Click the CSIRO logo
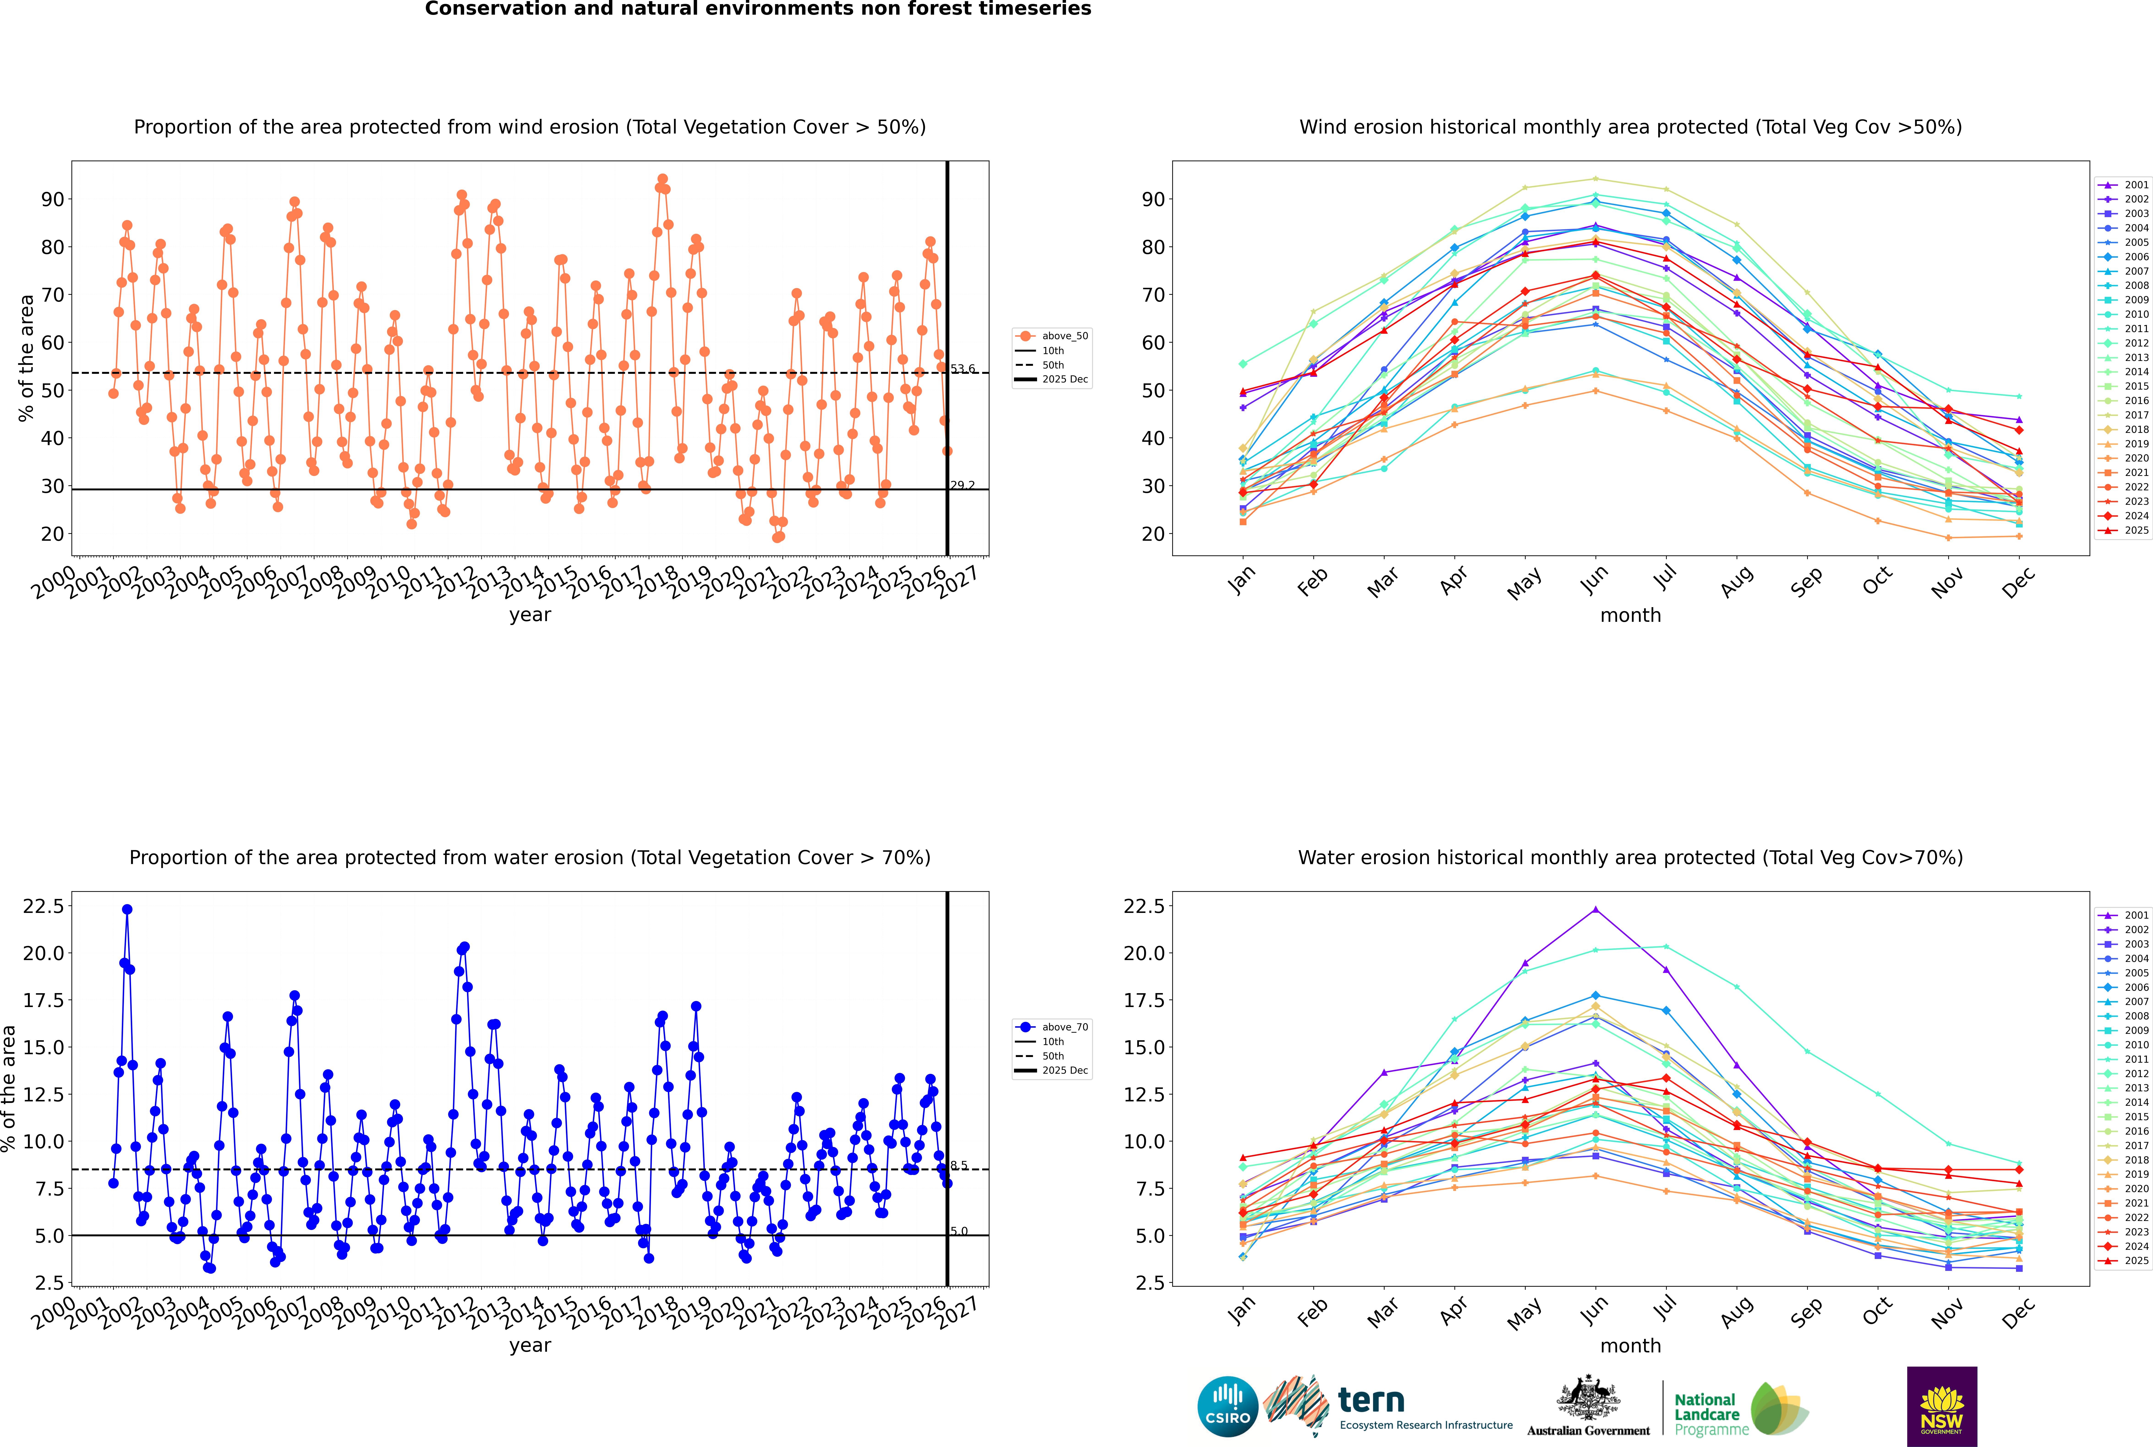pos(1227,1406)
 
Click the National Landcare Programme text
pos(1706,1414)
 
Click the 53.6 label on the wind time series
pos(962,369)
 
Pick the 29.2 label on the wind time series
pos(962,485)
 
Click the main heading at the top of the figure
pos(758,9)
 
